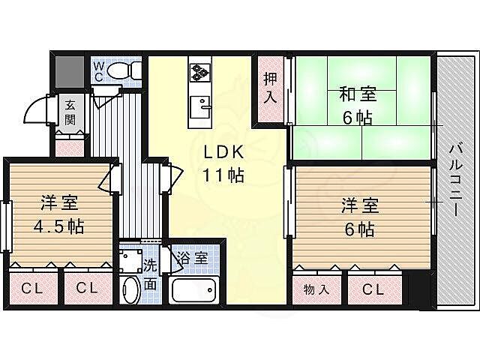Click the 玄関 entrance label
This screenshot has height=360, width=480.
(x=70, y=112)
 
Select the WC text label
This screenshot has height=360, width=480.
(x=98, y=70)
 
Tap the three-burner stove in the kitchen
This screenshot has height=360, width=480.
(x=199, y=72)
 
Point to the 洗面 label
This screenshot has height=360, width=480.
(x=150, y=274)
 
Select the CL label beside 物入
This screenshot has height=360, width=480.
(x=373, y=289)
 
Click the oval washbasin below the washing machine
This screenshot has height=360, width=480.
(x=130, y=289)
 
